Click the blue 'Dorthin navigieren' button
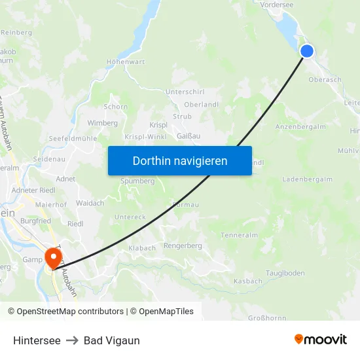pos(179,160)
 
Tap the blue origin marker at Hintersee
pos(306,51)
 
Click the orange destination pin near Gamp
pos(53,257)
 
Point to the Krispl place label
pos(158,124)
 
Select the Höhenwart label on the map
pos(125,63)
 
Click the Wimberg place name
pos(102,123)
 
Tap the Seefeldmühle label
pos(73,139)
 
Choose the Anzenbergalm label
pos(301,126)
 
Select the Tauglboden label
pos(285,272)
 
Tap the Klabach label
pos(142,249)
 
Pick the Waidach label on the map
pos(90,203)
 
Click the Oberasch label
pos(325,80)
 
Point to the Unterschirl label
pos(186,92)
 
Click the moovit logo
pos(321,340)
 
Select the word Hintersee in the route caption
pos(37,340)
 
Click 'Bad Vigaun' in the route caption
pos(111,340)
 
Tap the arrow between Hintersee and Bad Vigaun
pos(72,340)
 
